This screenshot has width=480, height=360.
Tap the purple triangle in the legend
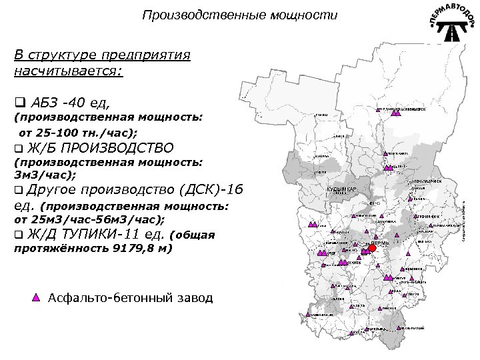[37, 297]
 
